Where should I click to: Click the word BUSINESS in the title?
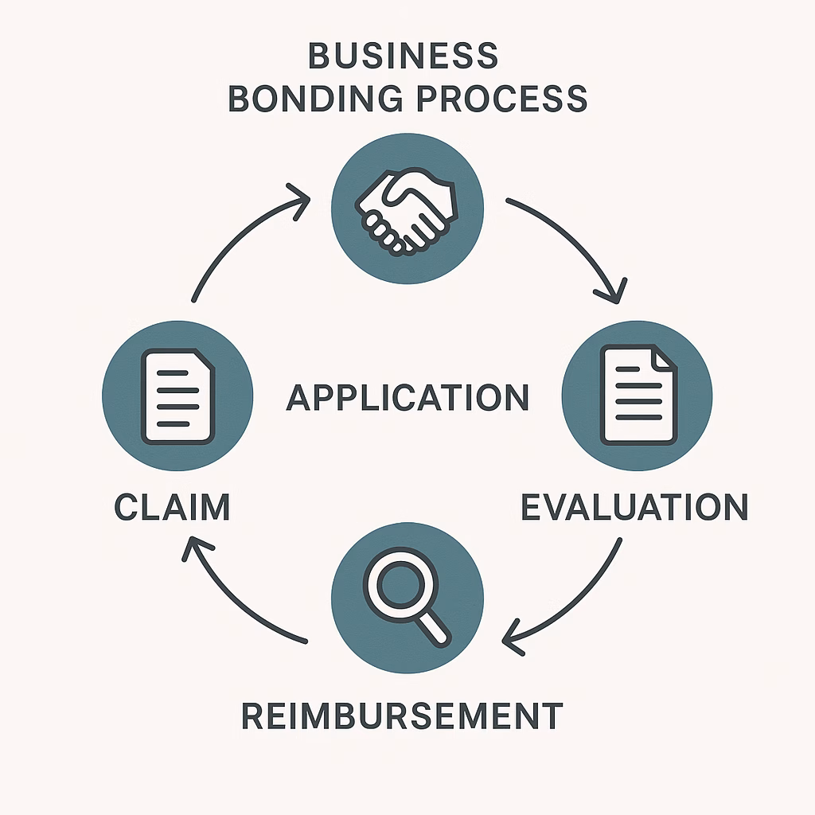tap(403, 57)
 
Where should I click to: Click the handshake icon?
tap(407, 212)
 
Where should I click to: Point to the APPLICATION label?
tap(407, 397)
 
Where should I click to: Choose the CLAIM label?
tap(172, 508)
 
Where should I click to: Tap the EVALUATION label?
tap(634, 508)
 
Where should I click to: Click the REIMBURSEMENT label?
tap(402, 716)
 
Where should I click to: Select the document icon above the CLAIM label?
tap(177, 396)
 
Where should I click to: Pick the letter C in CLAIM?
tap(127, 508)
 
